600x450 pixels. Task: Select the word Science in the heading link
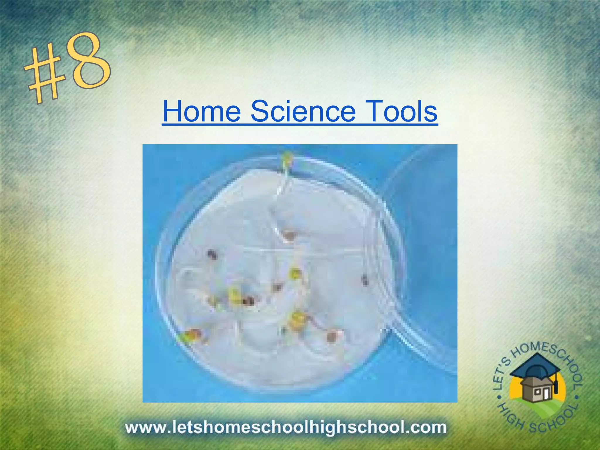(x=303, y=112)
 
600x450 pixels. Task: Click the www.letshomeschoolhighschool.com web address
(x=286, y=427)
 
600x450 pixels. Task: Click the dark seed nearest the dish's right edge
(x=364, y=280)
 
